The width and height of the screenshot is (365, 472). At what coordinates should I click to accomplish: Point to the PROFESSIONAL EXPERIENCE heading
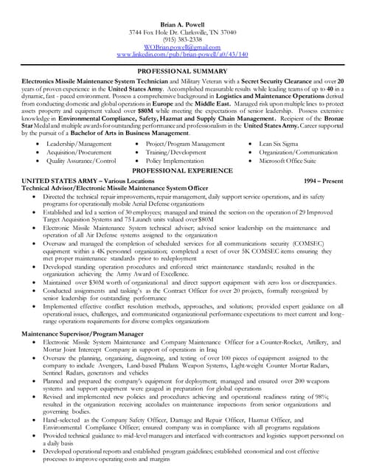coord(182,170)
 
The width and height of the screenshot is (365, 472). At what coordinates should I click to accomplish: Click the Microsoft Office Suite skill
coord(289,160)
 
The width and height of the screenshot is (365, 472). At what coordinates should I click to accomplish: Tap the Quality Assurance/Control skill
coord(80,160)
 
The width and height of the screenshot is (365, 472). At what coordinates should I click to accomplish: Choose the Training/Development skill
coord(175,152)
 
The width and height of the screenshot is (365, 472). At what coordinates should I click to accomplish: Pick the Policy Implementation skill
coord(174,160)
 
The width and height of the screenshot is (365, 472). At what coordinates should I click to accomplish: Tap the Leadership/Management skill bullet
coord(79,144)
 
